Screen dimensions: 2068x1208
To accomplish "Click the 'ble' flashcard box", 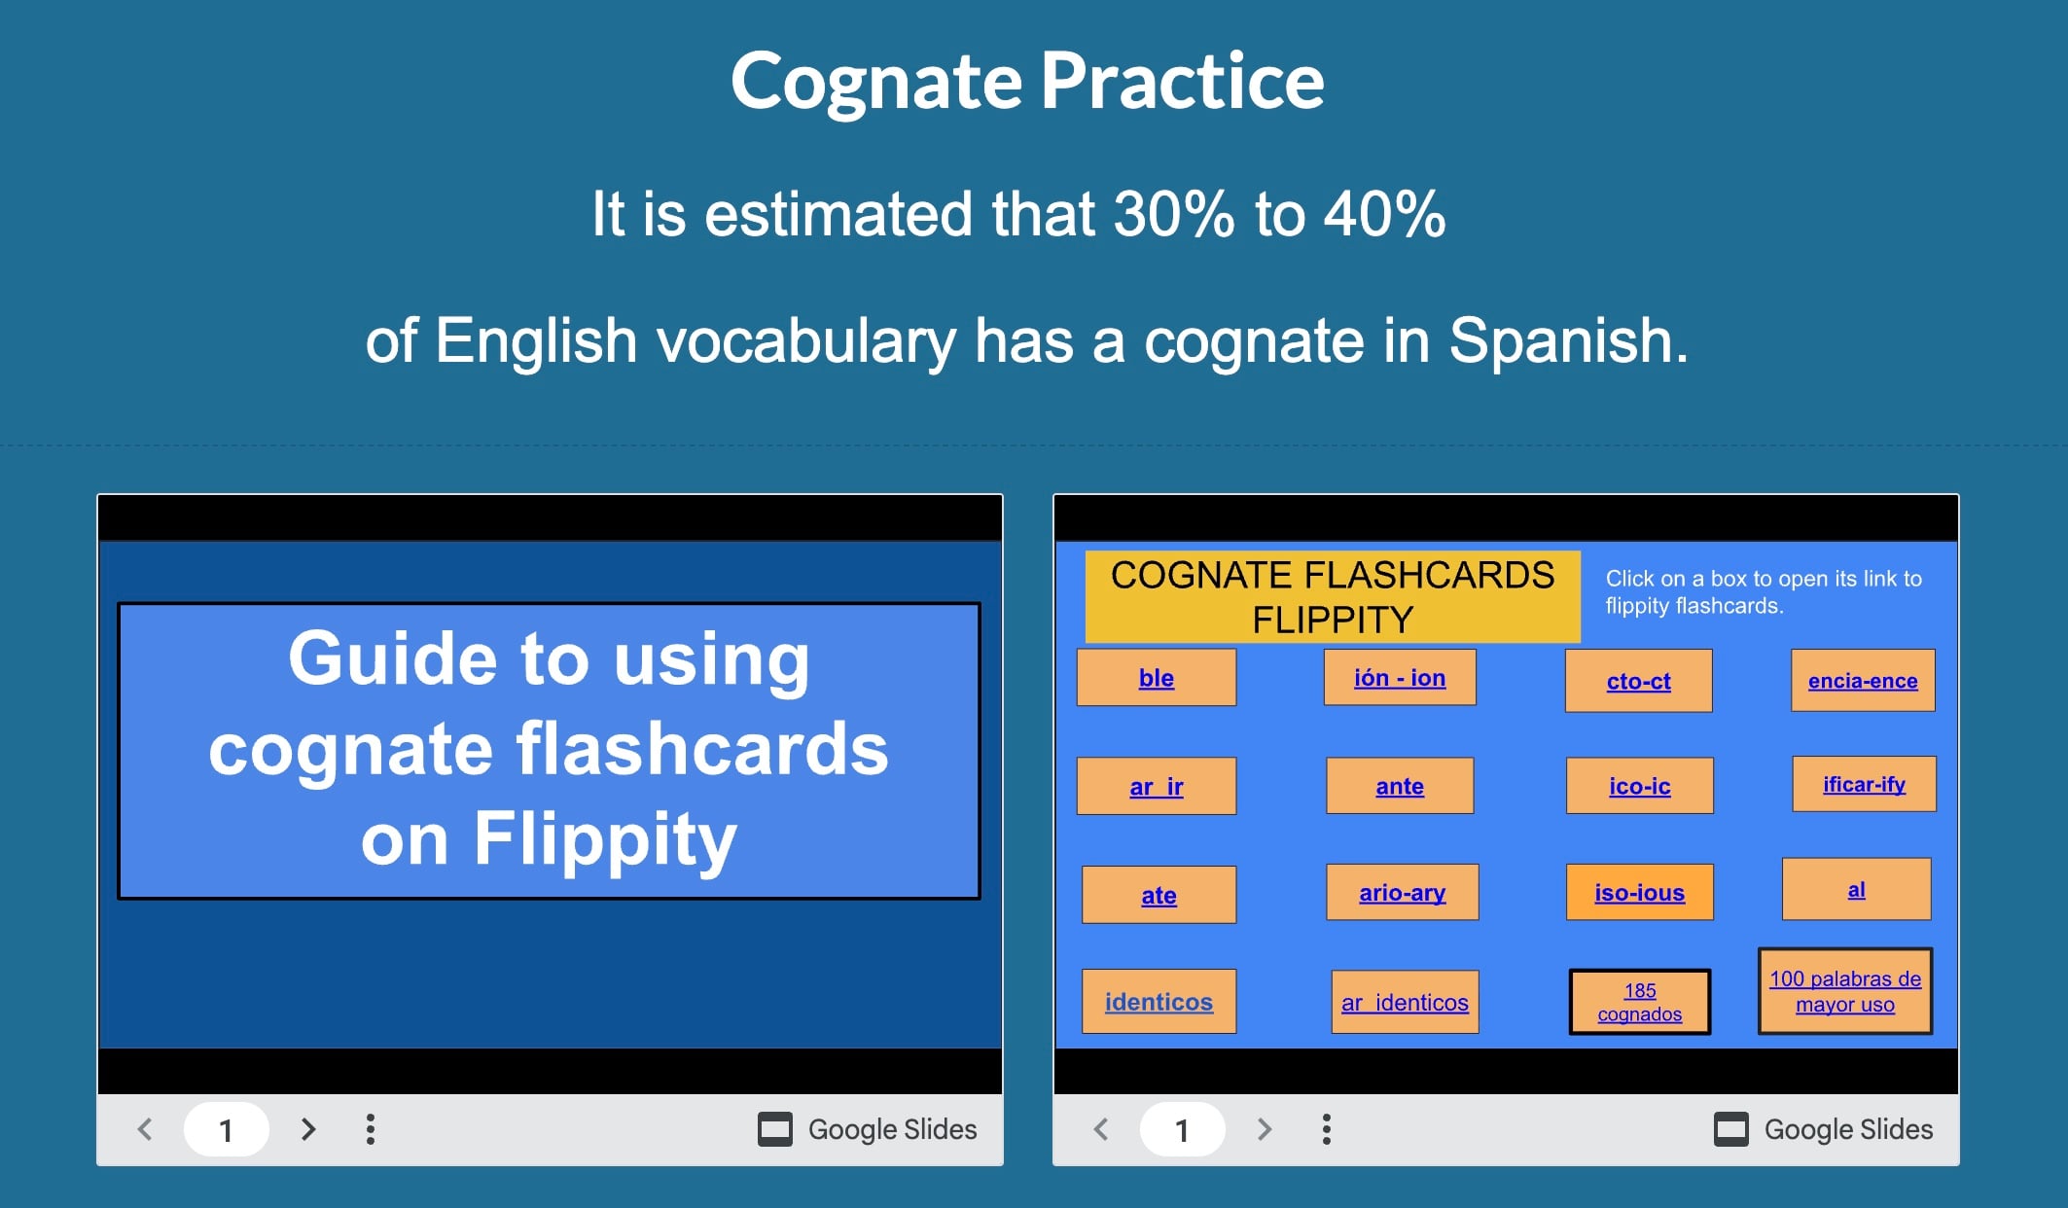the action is (1156, 677).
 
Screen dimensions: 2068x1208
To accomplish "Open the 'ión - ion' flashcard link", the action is (1400, 677).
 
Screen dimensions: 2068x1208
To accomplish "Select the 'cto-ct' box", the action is (1638, 681).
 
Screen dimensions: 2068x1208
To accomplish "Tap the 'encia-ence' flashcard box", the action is (1863, 681).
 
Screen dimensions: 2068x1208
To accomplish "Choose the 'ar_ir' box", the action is (1156, 786).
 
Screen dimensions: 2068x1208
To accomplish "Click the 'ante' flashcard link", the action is (1400, 786).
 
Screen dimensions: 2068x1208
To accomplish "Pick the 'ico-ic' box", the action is (1639, 786).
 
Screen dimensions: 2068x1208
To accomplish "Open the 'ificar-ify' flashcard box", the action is (1864, 784).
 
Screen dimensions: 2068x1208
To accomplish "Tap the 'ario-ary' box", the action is (1402, 892).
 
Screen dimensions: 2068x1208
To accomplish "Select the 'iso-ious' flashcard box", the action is (1639, 892).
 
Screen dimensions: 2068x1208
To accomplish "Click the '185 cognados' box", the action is (1639, 1002).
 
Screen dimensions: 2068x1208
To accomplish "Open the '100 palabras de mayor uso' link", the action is (1845, 991).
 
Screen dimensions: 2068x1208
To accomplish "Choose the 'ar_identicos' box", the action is (1405, 1002).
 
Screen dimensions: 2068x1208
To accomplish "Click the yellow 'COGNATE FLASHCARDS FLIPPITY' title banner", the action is (1333, 596).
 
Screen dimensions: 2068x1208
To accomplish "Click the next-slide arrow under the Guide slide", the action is (308, 1129).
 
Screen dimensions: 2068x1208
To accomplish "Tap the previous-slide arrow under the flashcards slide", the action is (1101, 1129).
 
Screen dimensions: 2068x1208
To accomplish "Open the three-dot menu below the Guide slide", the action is (370, 1129).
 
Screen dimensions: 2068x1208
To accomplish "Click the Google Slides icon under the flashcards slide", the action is (1731, 1129).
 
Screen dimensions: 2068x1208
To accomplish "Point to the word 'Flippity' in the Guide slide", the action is (605, 838).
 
